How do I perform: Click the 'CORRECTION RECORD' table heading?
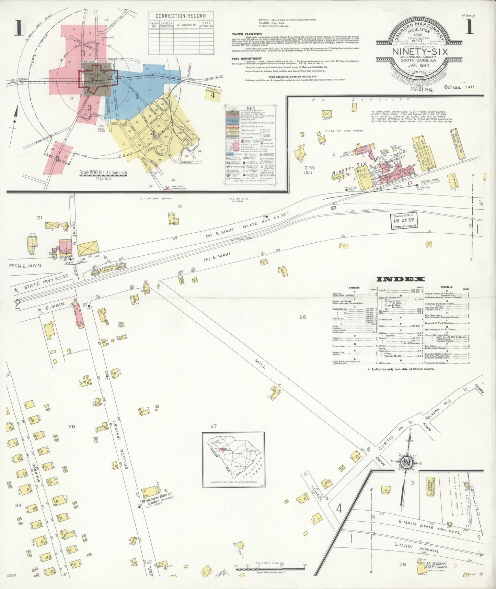click(x=181, y=16)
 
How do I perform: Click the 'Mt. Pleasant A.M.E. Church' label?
click(x=437, y=566)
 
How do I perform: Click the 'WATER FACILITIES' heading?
click(x=247, y=34)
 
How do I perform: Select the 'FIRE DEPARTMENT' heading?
click(x=247, y=59)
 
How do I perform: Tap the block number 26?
click(x=71, y=426)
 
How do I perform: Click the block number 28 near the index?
click(x=302, y=317)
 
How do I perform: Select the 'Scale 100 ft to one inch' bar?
click(x=270, y=567)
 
